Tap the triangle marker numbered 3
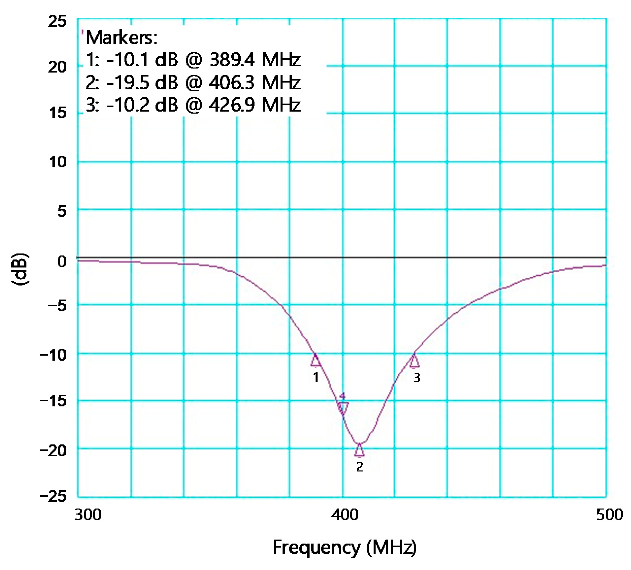pos(414,361)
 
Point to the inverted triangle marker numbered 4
pos(343,408)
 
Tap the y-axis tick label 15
pos(58,113)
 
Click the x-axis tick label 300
pos(88,515)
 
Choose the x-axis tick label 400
pos(345,515)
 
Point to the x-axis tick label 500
pos(609,515)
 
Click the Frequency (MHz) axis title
pos(345,547)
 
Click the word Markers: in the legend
pos(121,38)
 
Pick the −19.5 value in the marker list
pos(127,82)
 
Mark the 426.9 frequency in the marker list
pos(232,105)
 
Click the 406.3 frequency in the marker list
pos(232,82)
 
